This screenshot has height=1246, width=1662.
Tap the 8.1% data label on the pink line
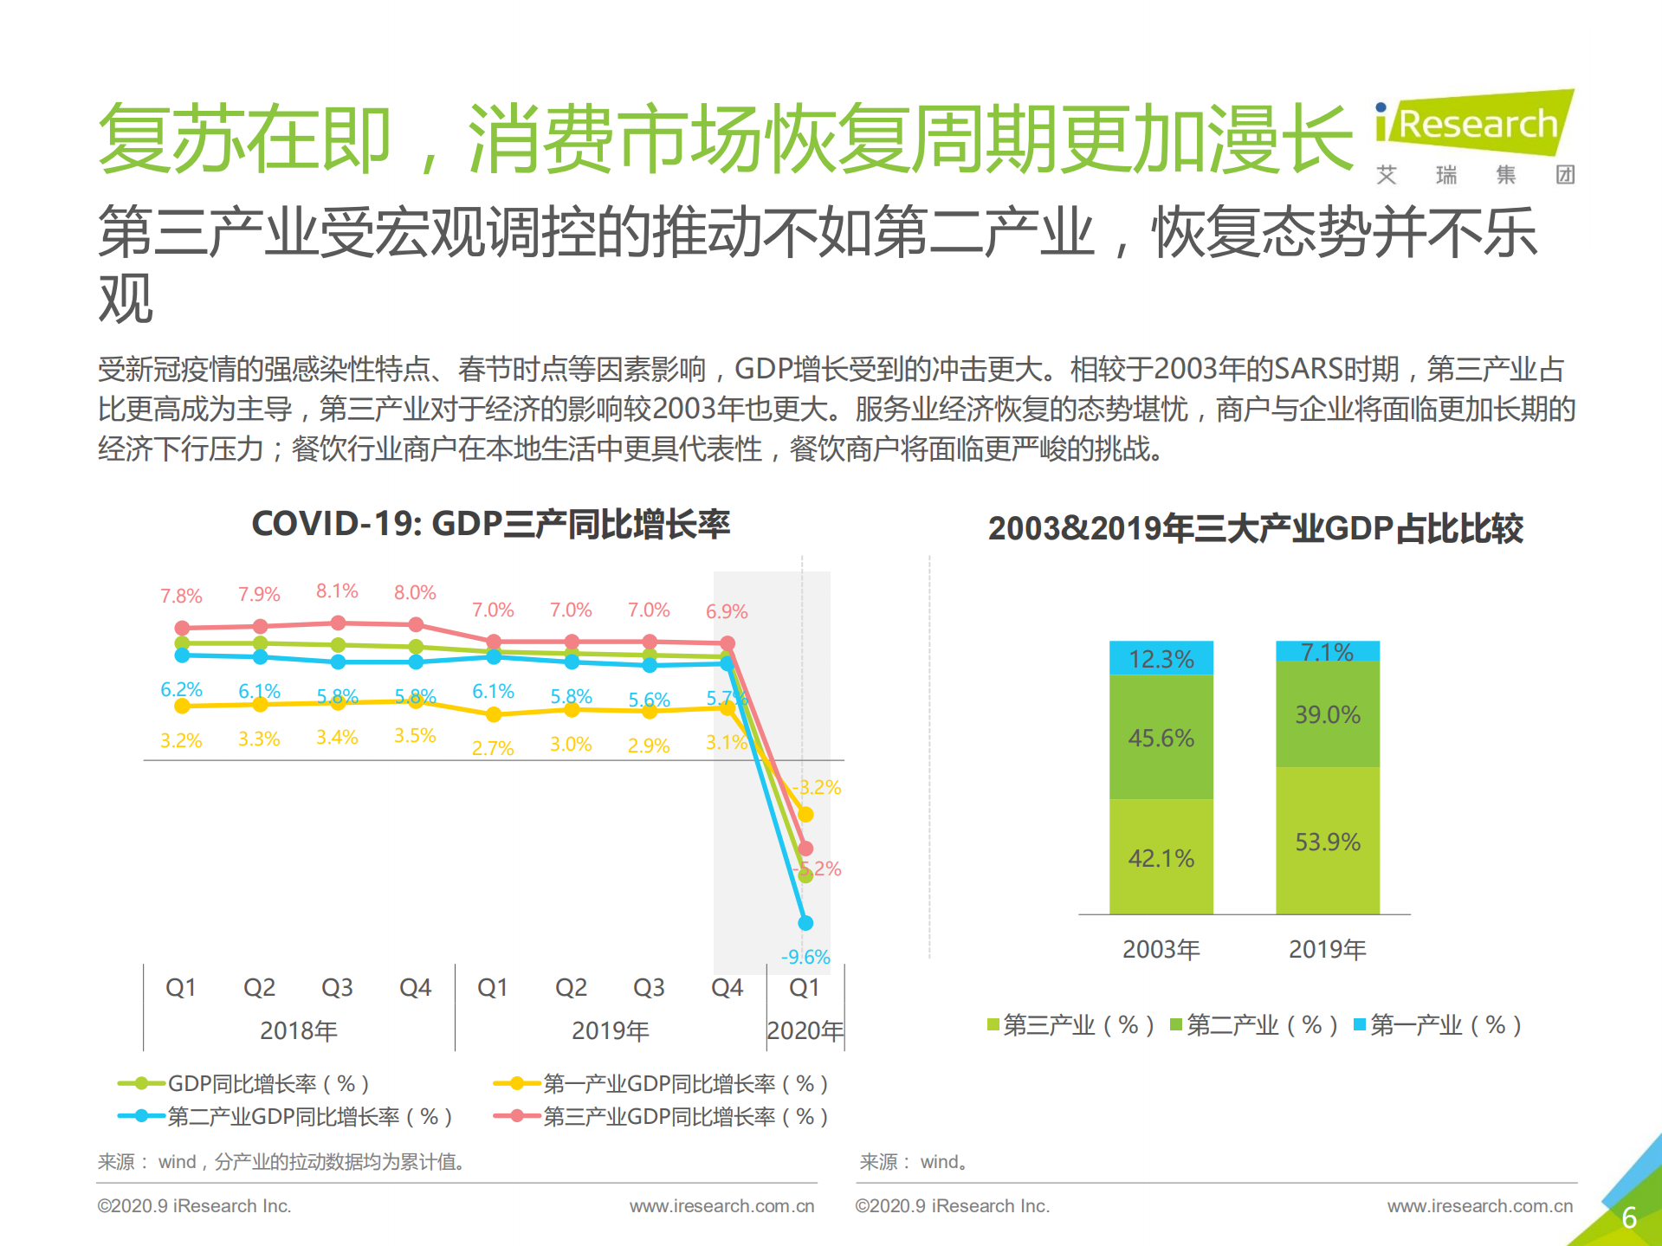tap(337, 591)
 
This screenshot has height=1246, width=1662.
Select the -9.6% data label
tap(805, 957)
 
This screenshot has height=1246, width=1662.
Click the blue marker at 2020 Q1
tap(805, 923)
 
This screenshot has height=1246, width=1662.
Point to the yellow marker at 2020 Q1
tap(805, 815)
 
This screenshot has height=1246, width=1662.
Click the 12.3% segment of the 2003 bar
tap(1161, 659)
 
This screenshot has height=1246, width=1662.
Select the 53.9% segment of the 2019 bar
tap(1327, 842)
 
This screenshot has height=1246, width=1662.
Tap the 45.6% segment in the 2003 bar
tap(1161, 738)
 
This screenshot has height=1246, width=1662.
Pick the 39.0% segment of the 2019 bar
tap(1327, 715)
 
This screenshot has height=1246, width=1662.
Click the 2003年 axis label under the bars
tap(1161, 950)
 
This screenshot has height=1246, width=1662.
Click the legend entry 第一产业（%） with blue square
tap(1438, 1025)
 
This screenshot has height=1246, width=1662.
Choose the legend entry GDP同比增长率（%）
tap(244, 1083)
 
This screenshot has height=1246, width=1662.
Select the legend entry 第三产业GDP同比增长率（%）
tap(662, 1117)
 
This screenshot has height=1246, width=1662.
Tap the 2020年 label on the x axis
tap(805, 1031)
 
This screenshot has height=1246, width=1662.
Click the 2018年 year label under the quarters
tap(299, 1031)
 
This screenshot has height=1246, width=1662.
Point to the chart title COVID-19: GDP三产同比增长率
tap(490, 525)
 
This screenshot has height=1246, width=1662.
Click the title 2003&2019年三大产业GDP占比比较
tap(1255, 529)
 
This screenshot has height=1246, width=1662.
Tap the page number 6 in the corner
tap(1628, 1217)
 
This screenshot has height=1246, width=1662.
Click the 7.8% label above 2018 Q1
tap(181, 597)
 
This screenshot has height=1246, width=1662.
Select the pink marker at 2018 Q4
tap(416, 624)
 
